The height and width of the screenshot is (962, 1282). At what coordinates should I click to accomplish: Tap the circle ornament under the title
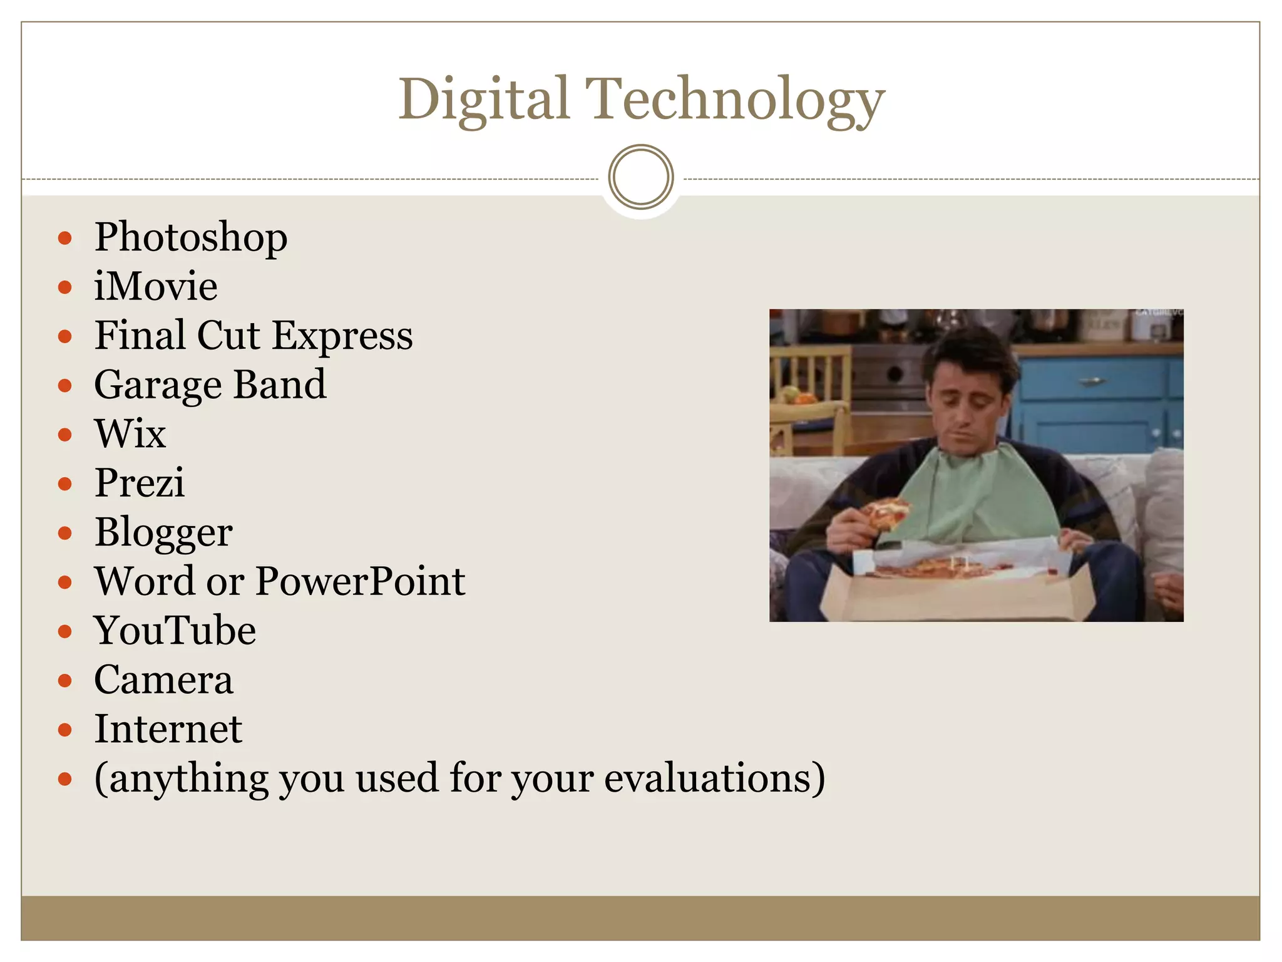641,177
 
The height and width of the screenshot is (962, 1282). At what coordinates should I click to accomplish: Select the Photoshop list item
191,238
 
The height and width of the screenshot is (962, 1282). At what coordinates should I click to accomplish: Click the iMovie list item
156,287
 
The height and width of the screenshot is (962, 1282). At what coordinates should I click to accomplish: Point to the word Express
342,336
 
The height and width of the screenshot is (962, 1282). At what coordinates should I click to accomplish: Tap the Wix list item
130,434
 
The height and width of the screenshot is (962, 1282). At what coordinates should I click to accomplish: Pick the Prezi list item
140,483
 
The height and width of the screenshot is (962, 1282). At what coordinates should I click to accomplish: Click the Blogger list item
163,533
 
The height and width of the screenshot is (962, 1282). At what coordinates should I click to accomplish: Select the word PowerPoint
361,581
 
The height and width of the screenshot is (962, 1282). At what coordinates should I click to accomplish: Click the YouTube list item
175,631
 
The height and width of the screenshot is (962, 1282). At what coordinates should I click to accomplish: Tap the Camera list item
163,680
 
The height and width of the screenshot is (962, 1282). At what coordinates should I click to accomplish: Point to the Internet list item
168,729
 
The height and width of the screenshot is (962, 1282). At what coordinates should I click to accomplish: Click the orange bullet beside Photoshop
65,239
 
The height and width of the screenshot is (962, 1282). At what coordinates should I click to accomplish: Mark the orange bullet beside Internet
65,730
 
